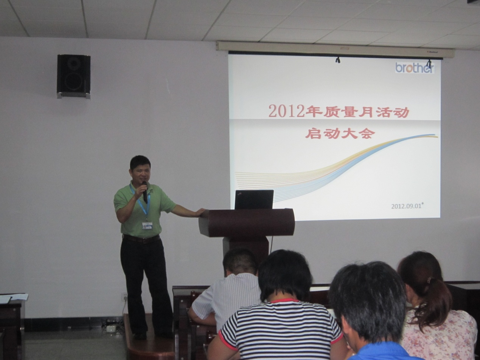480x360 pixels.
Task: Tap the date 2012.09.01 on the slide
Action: click(x=406, y=206)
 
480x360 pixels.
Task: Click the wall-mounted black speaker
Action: click(x=74, y=76)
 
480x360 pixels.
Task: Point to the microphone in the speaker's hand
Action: click(x=145, y=192)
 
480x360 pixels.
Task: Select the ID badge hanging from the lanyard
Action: click(x=147, y=226)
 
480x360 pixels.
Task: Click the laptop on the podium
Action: click(x=254, y=199)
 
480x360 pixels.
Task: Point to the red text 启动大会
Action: click(x=338, y=133)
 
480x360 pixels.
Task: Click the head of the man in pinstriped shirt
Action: click(x=240, y=262)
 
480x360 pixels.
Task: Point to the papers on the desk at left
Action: click(x=14, y=298)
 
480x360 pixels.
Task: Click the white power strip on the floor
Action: click(x=112, y=327)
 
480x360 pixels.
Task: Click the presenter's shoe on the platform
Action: click(x=140, y=336)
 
